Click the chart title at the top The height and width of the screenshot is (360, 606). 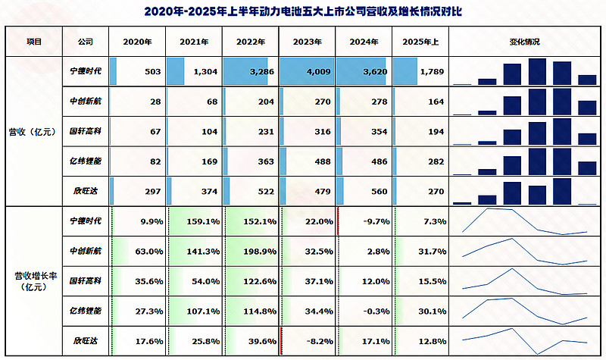click(x=303, y=13)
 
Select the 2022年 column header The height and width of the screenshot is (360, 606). click(x=251, y=42)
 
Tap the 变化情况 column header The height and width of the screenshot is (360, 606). click(x=524, y=42)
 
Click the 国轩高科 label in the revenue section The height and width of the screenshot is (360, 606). click(x=80, y=131)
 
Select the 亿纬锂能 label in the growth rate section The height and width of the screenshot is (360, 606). click(x=80, y=311)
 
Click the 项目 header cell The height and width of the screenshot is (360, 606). click(x=33, y=42)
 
